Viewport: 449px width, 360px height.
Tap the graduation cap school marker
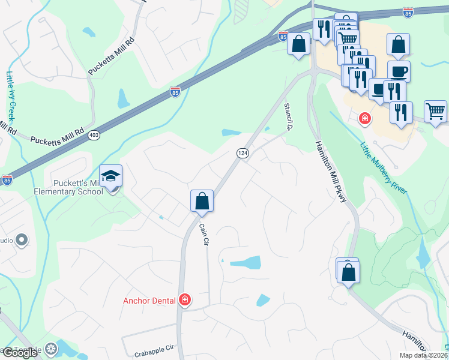pos(110,176)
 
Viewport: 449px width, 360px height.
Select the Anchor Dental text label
pos(149,301)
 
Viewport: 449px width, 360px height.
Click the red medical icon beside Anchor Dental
pos(185,300)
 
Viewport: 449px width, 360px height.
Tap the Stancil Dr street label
pos(288,116)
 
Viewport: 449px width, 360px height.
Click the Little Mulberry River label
pos(384,167)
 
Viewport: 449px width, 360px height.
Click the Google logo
pos(19,353)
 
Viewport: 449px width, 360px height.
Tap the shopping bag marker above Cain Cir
pos(202,201)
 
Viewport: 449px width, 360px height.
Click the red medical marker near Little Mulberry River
pos(364,119)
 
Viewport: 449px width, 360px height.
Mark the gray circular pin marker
pos(22,241)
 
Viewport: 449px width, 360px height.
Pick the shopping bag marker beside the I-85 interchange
pos(298,44)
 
